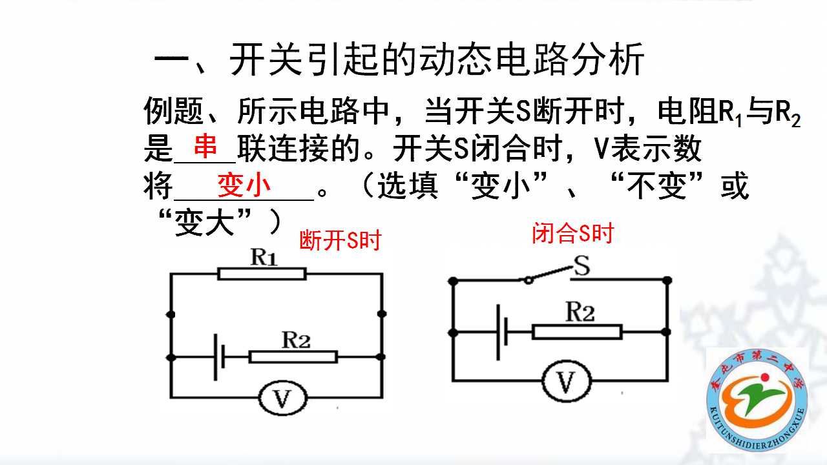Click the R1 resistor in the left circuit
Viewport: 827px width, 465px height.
point(262,274)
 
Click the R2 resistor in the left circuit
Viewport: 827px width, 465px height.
point(293,357)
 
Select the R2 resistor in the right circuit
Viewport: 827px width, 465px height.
point(578,332)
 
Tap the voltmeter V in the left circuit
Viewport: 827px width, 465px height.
point(283,398)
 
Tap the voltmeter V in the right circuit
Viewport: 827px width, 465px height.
point(567,381)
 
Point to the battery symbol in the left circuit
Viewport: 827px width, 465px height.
point(220,357)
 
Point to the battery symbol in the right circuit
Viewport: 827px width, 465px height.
point(502,332)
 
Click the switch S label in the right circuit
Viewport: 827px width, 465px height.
point(581,265)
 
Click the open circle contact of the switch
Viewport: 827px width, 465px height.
point(529,280)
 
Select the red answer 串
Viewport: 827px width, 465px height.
point(205,145)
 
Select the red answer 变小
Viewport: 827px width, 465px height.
point(244,185)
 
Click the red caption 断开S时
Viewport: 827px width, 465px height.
point(340,240)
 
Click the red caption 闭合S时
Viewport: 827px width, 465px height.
point(572,233)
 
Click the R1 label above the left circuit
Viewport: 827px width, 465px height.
point(264,257)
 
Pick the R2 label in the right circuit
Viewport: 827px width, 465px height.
point(580,312)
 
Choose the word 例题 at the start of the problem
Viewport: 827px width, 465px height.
point(173,110)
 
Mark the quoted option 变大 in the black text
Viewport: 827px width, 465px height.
point(204,223)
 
